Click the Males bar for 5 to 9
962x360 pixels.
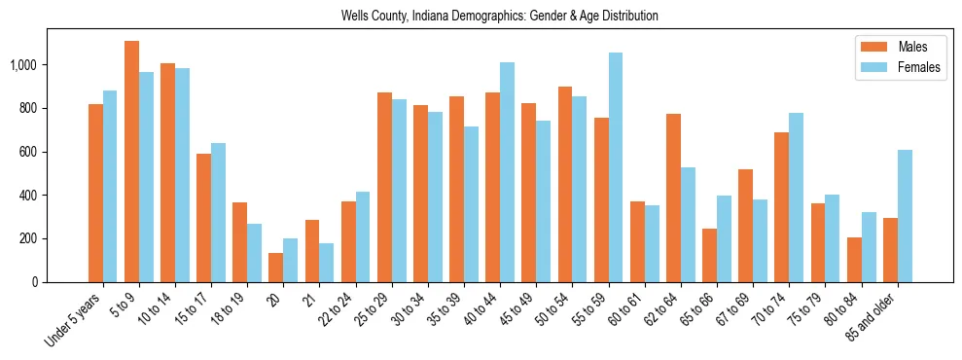click(131, 162)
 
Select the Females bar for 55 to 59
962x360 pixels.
click(616, 167)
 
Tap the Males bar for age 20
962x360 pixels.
click(276, 268)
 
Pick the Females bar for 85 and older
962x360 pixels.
click(905, 216)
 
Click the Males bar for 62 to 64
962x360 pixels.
click(673, 198)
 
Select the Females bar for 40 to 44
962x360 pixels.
click(507, 172)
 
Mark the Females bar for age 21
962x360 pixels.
click(327, 263)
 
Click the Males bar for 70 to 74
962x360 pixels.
click(781, 207)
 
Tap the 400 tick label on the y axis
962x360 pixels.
click(29, 196)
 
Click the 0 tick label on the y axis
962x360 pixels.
click(35, 282)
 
